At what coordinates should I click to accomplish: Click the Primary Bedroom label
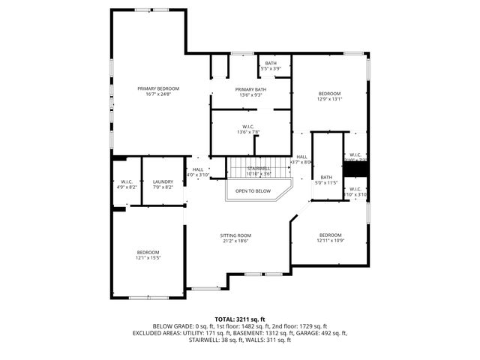coord(158,88)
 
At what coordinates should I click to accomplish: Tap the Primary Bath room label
coord(250,89)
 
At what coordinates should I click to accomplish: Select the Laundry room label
coord(163,181)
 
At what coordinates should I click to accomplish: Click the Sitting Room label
coord(235,235)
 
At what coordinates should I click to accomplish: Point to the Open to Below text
coord(253,191)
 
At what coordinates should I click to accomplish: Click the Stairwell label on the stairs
coord(259,169)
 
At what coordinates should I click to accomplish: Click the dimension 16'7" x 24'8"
coord(158,94)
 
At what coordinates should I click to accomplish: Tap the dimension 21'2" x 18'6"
coord(235,241)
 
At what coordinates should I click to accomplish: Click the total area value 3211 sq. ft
coord(251,319)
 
